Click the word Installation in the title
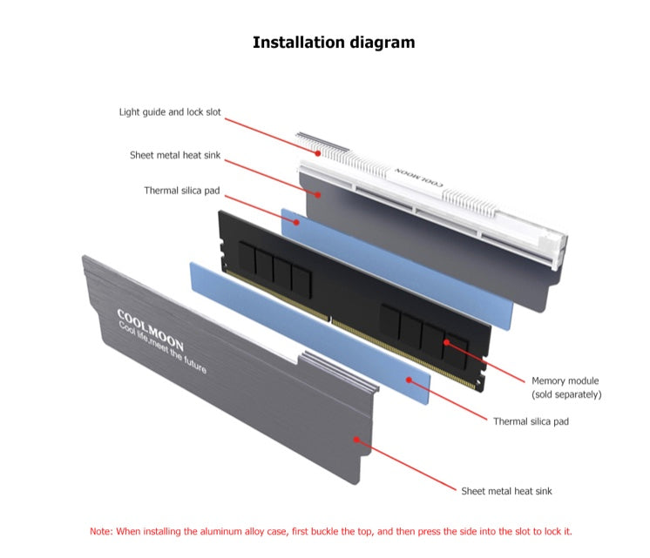click(x=299, y=43)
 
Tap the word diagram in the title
click(x=383, y=43)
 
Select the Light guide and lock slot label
click(x=170, y=112)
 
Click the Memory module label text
click(x=565, y=380)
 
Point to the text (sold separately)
click(x=566, y=394)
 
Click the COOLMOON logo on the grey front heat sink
click(x=150, y=330)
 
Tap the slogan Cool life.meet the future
click(x=162, y=347)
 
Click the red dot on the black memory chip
click(x=446, y=342)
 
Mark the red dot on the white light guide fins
click(x=317, y=153)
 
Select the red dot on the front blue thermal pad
click(x=409, y=380)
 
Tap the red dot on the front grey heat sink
click(x=356, y=439)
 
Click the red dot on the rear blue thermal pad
click(x=296, y=222)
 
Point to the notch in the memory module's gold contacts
click(x=330, y=319)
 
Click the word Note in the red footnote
click(x=100, y=531)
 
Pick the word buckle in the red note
click(x=324, y=531)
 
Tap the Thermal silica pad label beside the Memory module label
click(x=531, y=421)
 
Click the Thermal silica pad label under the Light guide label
click(x=182, y=191)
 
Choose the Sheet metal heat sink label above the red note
click(x=506, y=491)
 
